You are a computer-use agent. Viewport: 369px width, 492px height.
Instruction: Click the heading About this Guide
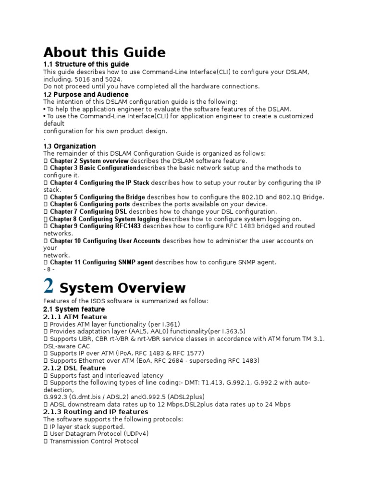pos(104,52)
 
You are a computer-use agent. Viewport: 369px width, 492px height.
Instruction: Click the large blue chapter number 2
pos(48,286)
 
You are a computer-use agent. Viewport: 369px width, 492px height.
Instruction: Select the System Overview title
pos(122,288)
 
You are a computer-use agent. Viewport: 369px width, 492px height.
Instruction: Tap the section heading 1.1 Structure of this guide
pos(86,64)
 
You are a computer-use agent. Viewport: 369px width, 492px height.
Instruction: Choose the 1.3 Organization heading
pos(69,146)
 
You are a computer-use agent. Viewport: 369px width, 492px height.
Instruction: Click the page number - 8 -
pos(49,270)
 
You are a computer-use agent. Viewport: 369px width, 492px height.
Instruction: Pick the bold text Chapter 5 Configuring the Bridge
pos(97,197)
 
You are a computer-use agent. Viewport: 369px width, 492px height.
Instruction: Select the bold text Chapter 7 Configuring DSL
pos(88,211)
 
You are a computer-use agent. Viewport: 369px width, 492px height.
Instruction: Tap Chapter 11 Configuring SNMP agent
pos(101,262)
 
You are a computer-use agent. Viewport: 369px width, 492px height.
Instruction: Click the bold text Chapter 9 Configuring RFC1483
pos(95,226)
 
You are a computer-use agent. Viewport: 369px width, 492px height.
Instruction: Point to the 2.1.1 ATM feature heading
pos(75,317)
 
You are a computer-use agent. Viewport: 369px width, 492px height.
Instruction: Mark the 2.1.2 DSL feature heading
pos(74,368)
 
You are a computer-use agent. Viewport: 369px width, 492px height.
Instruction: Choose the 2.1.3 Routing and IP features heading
pos(96,412)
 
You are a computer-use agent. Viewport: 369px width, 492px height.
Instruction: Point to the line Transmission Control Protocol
pos(94,441)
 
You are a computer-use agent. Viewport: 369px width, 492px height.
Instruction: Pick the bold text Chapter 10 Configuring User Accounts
pos(105,241)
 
